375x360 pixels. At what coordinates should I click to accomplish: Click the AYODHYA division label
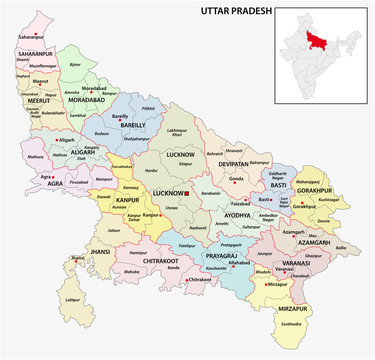coord(236,214)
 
